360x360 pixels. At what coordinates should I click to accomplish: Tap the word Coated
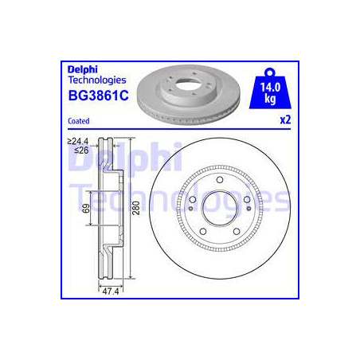click(x=77, y=121)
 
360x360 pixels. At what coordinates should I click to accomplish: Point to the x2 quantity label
click(x=285, y=121)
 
